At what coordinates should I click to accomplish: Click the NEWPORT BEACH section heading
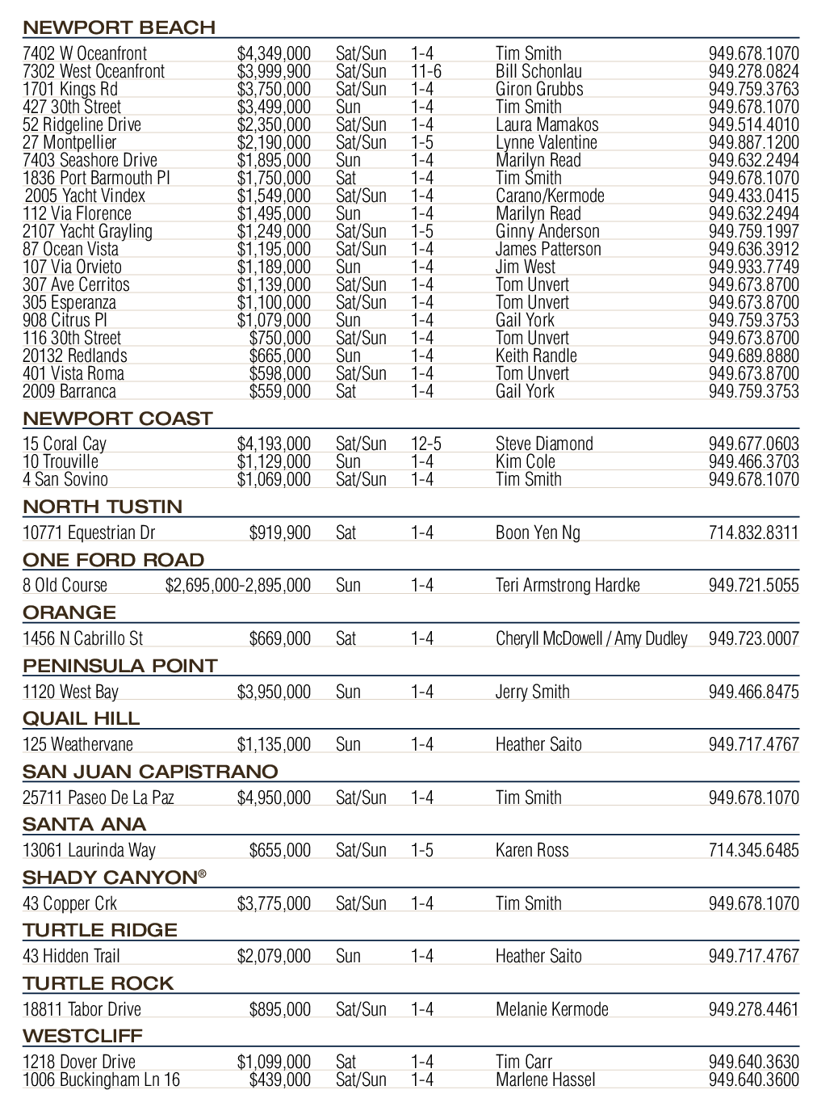pyautogui.click(x=119, y=27)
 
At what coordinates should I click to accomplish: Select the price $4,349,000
pyautogui.click(x=274, y=54)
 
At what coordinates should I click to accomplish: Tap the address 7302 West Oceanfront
pyautogui.click(x=94, y=72)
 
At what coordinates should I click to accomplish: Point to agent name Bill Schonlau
pyautogui.click(x=538, y=72)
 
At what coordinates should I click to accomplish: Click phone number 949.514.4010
pyautogui.click(x=753, y=125)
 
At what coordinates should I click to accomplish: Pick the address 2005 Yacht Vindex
pyautogui.click(x=85, y=196)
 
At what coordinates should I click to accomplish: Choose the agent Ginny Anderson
pyautogui.click(x=547, y=232)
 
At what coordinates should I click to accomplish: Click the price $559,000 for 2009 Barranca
pyautogui.click(x=279, y=392)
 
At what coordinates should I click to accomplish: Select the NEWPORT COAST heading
pyautogui.click(x=117, y=419)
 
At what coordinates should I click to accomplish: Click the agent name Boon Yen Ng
pyautogui.click(x=538, y=533)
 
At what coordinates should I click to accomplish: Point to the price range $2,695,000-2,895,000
pyautogui.click(x=238, y=586)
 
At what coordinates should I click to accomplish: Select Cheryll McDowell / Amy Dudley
pyautogui.click(x=591, y=639)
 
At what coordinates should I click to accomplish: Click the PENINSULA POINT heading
pyautogui.click(x=120, y=666)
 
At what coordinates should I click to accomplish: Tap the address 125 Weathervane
pyautogui.click(x=78, y=745)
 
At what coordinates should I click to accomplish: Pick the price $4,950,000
pyautogui.click(x=274, y=798)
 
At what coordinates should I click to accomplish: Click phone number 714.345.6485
pyautogui.click(x=753, y=851)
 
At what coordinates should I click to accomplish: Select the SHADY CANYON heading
pyautogui.click(x=114, y=877)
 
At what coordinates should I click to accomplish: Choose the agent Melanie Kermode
pyautogui.click(x=551, y=1010)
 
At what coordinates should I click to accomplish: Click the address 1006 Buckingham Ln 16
pyautogui.click(x=102, y=1080)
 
